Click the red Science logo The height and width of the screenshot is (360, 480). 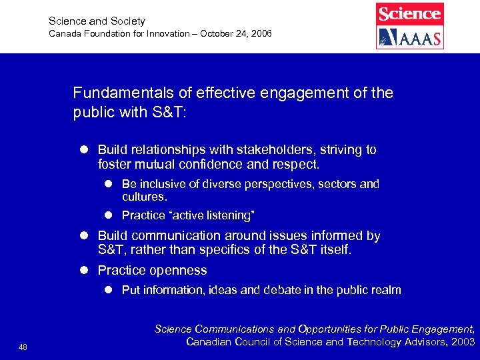tap(409, 14)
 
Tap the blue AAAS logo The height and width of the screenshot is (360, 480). tap(409, 37)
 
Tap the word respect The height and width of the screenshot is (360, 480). tap(298, 163)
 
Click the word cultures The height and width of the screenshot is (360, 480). tap(144, 197)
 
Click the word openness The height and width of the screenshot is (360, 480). tap(178, 270)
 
